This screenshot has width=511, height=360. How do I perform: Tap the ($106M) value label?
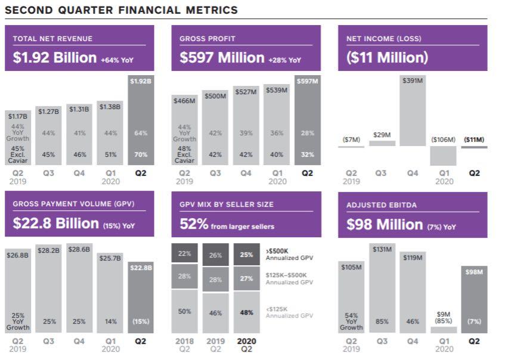tap(443, 139)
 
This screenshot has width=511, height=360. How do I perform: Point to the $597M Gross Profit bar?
tap(307, 119)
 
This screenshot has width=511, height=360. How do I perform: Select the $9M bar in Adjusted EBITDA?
tap(443, 330)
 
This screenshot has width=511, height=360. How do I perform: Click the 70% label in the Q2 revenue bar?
tap(140, 154)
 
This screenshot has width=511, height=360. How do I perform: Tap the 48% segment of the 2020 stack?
tap(246, 312)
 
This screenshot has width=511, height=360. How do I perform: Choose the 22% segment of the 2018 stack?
tap(185, 253)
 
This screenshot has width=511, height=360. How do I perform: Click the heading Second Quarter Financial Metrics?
tap(121, 10)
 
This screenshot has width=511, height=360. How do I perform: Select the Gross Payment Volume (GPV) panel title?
tap(73, 204)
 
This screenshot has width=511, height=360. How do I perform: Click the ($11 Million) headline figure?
tap(387, 57)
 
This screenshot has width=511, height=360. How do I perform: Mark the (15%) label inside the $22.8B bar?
tap(140, 321)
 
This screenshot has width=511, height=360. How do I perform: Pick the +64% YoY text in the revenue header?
tap(118, 60)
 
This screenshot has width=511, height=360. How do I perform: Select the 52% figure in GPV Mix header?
tap(194, 224)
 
